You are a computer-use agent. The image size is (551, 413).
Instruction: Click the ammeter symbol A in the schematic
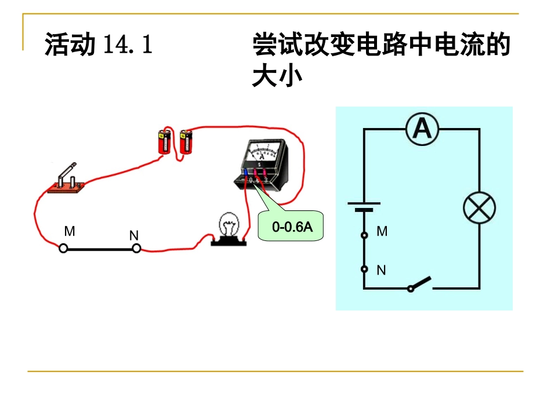(422, 129)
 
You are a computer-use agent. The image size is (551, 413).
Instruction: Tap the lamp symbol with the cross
(479, 209)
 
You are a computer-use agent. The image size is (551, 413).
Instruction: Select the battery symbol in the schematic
(364, 207)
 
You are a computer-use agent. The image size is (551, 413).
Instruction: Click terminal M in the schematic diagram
(364, 235)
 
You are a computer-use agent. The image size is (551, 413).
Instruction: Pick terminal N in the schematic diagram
(364, 269)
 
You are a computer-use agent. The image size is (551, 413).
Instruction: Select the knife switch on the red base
(67, 179)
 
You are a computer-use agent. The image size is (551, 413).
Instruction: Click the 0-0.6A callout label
(292, 227)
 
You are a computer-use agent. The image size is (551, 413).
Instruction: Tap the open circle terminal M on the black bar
(64, 248)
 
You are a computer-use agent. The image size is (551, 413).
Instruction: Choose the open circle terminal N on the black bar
(136, 248)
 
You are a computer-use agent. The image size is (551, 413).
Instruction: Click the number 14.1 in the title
(128, 45)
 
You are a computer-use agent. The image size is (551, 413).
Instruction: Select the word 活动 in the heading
(70, 45)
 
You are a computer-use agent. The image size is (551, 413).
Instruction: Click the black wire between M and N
(100, 249)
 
